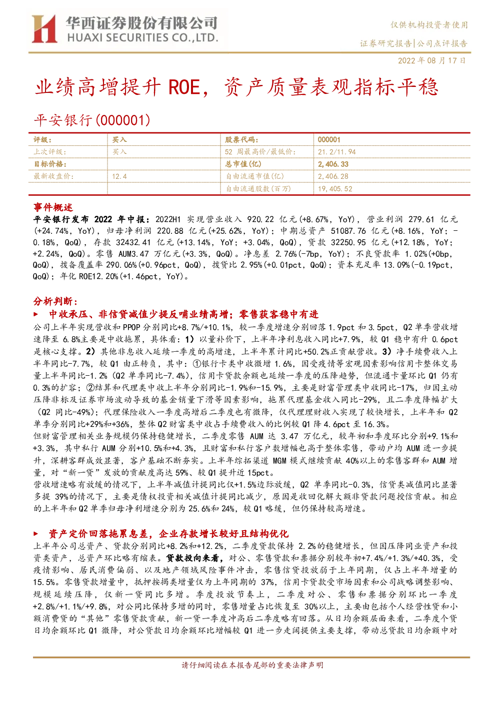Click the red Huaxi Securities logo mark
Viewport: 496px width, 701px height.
(x=44, y=29)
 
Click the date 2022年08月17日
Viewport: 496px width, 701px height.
(x=431, y=60)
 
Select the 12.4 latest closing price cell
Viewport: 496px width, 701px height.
(x=119, y=176)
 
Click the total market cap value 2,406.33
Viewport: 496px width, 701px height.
(x=333, y=164)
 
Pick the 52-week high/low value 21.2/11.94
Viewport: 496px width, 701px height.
(x=336, y=152)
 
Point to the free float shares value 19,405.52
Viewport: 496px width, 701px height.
(x=334, y=189)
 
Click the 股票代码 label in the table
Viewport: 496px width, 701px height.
(x=241, y=139)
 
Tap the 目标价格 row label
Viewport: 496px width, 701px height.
(x=50, y=164)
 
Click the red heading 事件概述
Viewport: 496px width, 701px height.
(x=53, y=207)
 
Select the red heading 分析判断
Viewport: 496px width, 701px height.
(x=55, y=301)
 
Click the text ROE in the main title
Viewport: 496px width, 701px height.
(x=184, y=87)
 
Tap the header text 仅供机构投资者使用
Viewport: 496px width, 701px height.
(x=429, y=25)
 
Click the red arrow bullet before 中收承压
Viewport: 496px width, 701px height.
(x=36, y=314)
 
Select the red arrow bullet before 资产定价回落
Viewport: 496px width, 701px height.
(x=36, y=534)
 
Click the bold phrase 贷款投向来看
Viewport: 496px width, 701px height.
(x=194, y=558)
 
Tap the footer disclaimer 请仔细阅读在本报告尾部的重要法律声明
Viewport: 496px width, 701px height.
(x=252, y=665)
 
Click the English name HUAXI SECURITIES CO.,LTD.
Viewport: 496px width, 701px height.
(x=143, y=38)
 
